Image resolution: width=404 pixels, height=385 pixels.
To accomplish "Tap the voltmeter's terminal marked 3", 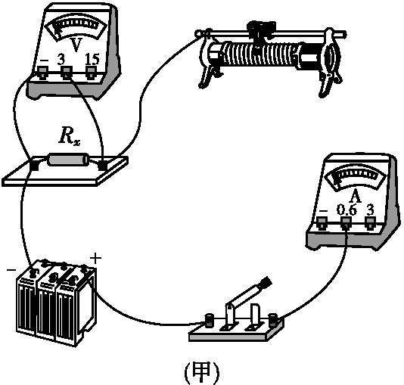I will point(67,73).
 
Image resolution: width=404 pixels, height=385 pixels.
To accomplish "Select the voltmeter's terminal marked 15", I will point(92,73).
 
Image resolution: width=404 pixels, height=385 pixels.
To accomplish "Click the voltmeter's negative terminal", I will point(42,73).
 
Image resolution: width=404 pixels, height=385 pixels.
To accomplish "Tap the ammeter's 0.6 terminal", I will point(347,222).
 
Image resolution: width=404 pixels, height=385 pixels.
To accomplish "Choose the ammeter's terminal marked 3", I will point(370,222).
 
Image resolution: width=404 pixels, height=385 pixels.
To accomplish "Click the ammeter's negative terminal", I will point(322,222).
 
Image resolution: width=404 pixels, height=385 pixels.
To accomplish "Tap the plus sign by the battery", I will point(96,259).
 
